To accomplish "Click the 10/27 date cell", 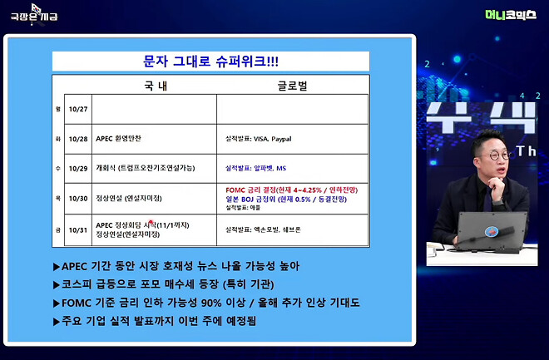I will click(78, 109).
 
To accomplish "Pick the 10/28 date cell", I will click(78, 139).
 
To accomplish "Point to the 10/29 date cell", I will click(78, 168).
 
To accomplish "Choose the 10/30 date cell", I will click(78, 198).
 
